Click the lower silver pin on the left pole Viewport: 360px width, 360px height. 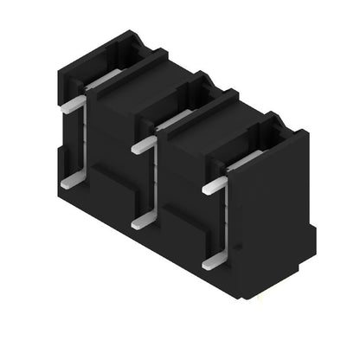72,182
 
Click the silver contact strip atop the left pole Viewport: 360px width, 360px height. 104,80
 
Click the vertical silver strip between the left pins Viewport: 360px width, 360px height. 83,143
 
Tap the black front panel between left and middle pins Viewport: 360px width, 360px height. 112,164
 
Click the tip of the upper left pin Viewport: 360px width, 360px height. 63,107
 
